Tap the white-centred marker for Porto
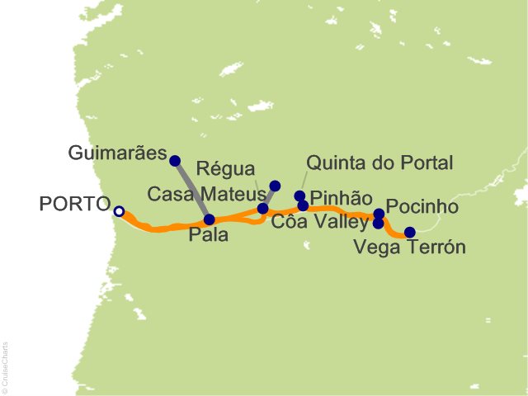[119, 212]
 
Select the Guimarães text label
[119, 153]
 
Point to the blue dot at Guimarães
[174, 160]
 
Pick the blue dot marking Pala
[209, 219]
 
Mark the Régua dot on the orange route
[263, 208]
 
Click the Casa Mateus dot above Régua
[275, 186]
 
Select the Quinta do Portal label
[379, 163]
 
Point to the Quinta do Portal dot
[299, 196]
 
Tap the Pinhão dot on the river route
[303, 205]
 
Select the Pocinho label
[422, 205]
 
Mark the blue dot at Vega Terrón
[409, 233]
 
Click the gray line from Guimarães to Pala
[191, 190]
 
